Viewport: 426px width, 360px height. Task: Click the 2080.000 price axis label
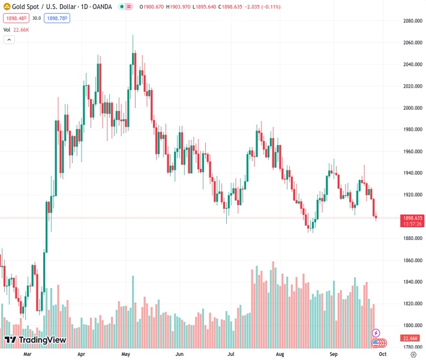coord(413,21)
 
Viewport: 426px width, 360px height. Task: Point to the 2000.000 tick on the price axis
coord(413,108)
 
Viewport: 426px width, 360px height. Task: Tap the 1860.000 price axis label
coord(413,260)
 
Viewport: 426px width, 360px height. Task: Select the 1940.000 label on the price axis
coord(413,173)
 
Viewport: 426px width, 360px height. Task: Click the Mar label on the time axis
coord(27,355)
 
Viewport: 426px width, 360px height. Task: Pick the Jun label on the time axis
coord(179,355)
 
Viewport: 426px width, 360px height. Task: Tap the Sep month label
coord(334,355)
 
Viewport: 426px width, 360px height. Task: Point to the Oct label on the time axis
coord(383,355)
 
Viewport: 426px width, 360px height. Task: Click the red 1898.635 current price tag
coord(413,218)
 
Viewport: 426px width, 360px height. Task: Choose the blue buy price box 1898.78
coord(58,18)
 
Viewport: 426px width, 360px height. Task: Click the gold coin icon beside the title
coord(7,7)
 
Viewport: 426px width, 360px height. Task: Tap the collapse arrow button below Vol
coord(9,40)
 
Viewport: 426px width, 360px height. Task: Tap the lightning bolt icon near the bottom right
coord(376,332)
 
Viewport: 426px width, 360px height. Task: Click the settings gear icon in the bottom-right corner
coord(413,355)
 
